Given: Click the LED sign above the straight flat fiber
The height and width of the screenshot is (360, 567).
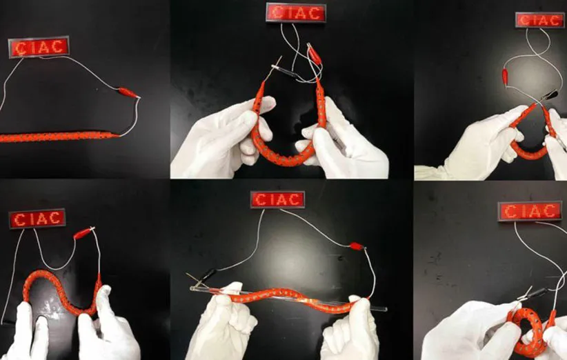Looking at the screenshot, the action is (39, 47).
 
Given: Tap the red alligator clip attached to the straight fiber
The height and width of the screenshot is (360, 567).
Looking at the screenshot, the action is (129, 93).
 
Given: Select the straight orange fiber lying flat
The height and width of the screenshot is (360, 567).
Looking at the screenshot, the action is (59, 137).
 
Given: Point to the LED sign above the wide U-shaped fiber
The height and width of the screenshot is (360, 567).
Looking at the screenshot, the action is (296, 12).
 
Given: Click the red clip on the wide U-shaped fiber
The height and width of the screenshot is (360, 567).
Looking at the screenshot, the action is (314, 54).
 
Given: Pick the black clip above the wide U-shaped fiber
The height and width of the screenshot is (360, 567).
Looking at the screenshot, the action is (286, 71).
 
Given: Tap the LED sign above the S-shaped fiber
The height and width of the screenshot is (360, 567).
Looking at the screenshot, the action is (37, 219).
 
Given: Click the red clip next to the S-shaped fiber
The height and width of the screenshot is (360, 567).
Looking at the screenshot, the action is (84, 233).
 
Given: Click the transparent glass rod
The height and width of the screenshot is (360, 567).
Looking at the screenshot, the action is (288, 299).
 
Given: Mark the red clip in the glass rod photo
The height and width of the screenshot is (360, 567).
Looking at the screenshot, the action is (357, 246).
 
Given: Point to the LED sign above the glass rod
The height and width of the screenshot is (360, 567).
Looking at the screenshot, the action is (278, 199).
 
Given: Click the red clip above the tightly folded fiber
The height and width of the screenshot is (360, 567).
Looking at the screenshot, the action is (505, 78).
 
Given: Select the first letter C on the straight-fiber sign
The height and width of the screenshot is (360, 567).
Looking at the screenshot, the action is (21, 48).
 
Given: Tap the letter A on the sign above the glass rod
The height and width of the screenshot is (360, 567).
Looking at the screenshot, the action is (283, 199).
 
